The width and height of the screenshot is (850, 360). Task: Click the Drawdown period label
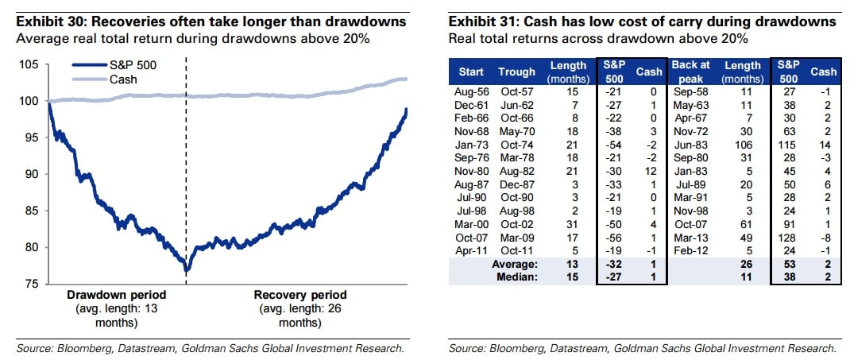116,294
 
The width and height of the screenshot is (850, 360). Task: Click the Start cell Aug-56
469,92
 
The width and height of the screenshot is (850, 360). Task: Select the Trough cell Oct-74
516,146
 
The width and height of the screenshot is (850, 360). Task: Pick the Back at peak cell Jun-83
690,146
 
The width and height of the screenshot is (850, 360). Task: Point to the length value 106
744,146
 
